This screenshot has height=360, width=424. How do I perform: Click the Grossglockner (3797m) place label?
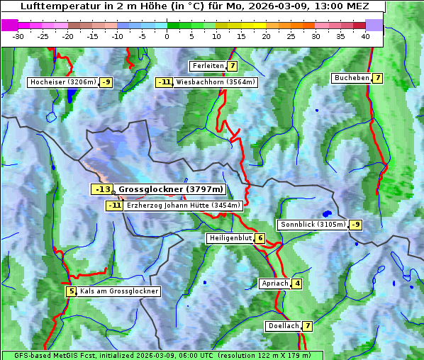pos(171,190)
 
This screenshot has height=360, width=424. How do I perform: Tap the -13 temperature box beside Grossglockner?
pos(103,190)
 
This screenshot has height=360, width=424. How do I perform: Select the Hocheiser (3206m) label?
pos(63,82)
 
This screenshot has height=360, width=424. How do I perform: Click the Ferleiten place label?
pos(208,66)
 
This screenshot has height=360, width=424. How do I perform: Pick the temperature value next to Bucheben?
pos(378,78)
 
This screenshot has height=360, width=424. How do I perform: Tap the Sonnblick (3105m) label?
pos(313,225)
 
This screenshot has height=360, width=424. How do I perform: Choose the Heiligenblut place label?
pos(230,238)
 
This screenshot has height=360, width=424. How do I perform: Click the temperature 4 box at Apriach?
pos(297,284)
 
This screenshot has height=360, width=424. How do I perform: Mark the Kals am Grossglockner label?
pos(119,291)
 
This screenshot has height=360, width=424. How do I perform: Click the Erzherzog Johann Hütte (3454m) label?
pos(184,206)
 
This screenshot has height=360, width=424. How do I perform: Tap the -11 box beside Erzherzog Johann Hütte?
pos(114,206)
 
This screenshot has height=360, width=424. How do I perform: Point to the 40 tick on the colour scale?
pos(365,36)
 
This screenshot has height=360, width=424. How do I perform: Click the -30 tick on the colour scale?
pos(18,36)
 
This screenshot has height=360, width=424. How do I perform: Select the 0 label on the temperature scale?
pos(167,36)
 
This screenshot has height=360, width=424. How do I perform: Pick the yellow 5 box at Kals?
pos(71,291)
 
